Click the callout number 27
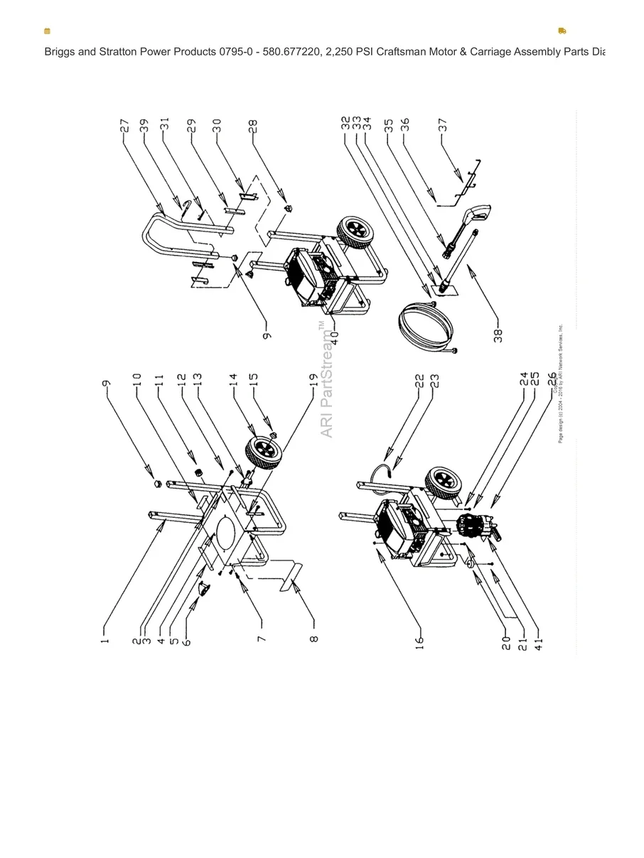tap(124, 125)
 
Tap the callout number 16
tap(419, 643)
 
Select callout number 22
tap(419, 381)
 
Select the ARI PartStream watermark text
tap(326, 380)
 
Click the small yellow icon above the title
tap(47, 31)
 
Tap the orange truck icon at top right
tap(562, 31)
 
